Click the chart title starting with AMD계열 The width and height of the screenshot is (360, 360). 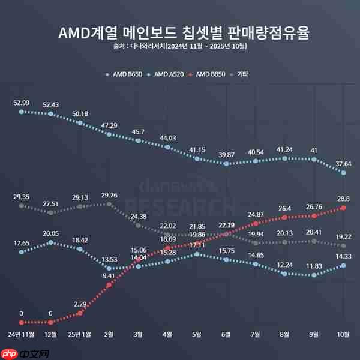(x=179, y=32)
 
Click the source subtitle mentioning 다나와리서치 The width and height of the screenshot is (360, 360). (x=179, y=46)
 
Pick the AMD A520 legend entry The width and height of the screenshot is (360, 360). (x=166, y=74)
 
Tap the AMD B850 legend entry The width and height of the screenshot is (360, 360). (x=208, y=74)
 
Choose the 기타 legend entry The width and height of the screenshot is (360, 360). (x=240, y=74)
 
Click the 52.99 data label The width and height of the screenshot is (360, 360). (x=22, y=103)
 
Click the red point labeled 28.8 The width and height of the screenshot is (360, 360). (x=343, y=208)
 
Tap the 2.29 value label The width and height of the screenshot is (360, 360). (x=80, y=304)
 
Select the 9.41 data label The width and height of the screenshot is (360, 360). (x=109, y=276)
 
